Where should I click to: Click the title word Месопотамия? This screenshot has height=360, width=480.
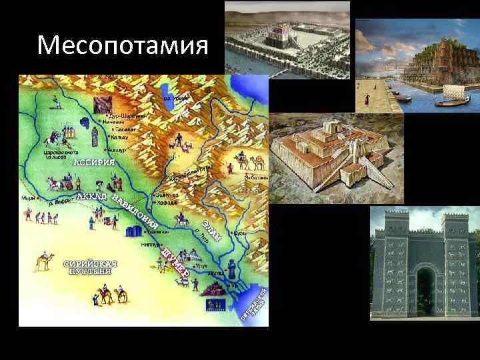click(123, 46)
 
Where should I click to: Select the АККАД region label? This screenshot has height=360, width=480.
click(92, 197)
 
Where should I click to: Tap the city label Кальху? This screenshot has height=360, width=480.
click(119, 137)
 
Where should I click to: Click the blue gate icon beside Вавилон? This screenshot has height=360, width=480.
click(134, 231)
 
